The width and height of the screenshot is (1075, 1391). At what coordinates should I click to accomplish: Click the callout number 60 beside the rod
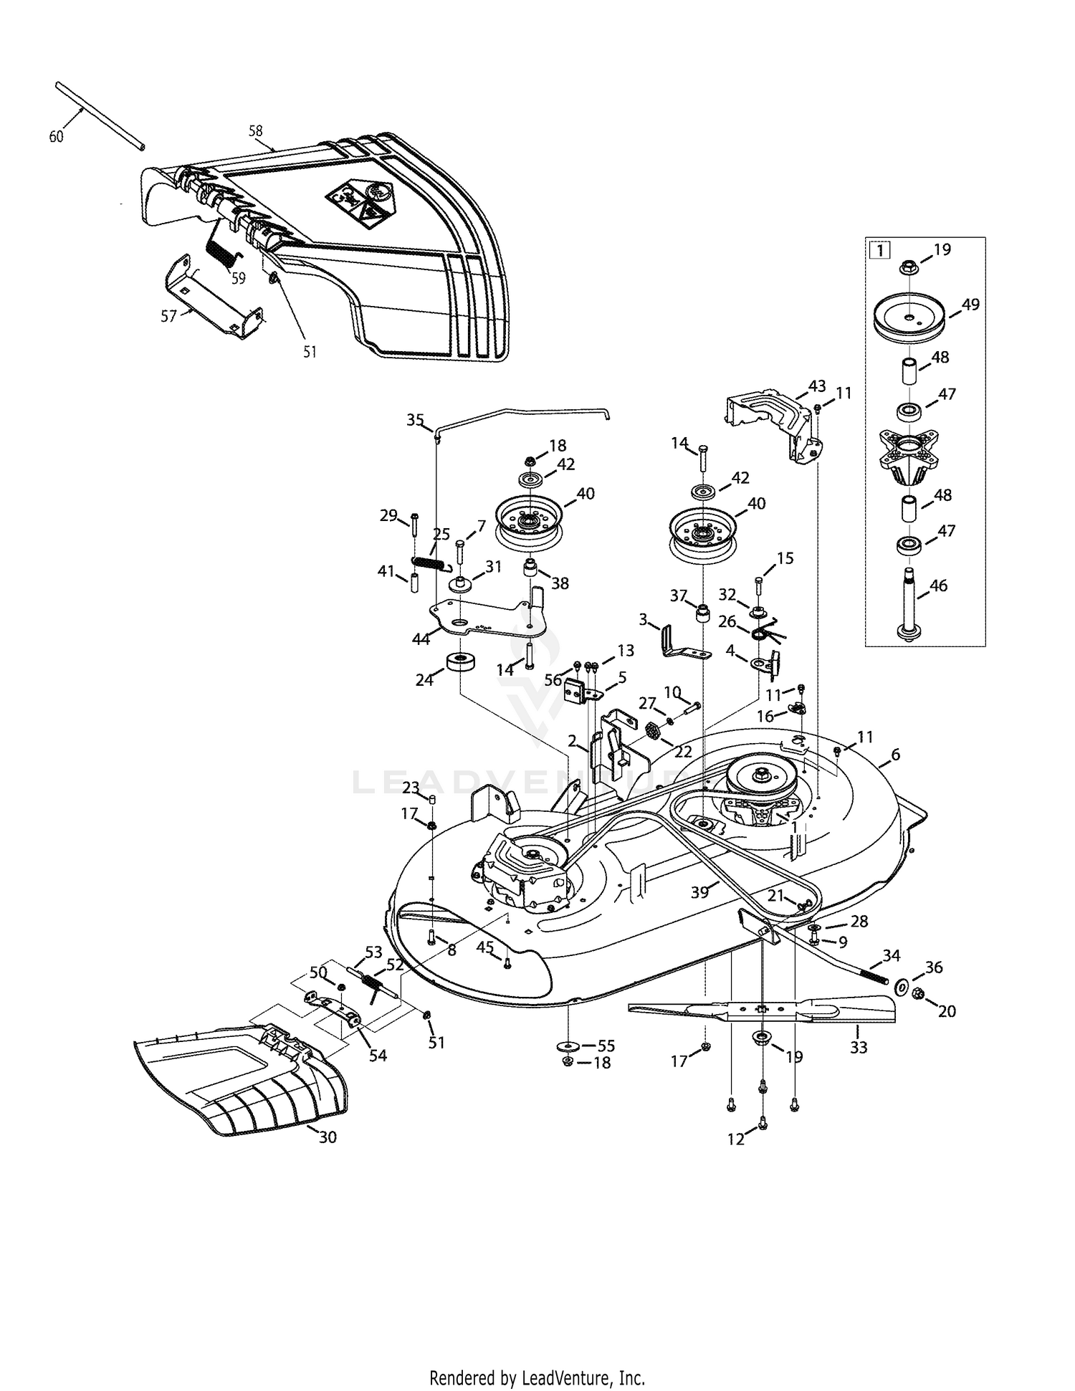tap(56, 136)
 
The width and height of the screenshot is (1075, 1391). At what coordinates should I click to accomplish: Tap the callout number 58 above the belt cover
tap(256, 131)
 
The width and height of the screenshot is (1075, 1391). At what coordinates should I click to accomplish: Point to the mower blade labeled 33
tap(760, 1010)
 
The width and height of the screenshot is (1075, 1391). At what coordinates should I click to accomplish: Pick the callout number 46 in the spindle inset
tap(937, 585)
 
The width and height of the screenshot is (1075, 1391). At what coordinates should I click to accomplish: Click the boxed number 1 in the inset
tap(879, 251)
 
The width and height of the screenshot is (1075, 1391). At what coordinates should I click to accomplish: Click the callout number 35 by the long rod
tap(416, 420)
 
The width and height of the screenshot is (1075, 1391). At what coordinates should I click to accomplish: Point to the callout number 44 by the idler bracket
tap(421, 639)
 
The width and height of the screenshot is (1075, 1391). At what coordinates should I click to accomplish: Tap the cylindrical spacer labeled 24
tap(459, 661)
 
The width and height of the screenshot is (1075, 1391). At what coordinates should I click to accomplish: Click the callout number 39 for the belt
tap(699, 892)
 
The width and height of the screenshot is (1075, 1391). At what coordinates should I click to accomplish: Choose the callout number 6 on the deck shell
tap(895, 755)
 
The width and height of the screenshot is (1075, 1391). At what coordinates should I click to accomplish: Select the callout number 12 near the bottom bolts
tap(736, 1139)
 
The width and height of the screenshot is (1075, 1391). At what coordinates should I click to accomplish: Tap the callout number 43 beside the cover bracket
tap(818, 386)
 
